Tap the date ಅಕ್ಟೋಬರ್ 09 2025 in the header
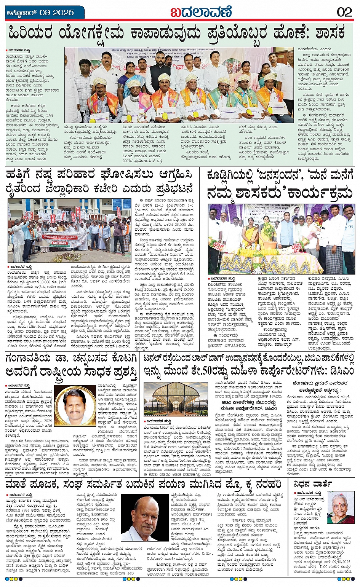tap(40, 13)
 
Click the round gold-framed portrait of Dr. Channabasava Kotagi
tap(75, 405)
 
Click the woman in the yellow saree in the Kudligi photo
tap(250, 233)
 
